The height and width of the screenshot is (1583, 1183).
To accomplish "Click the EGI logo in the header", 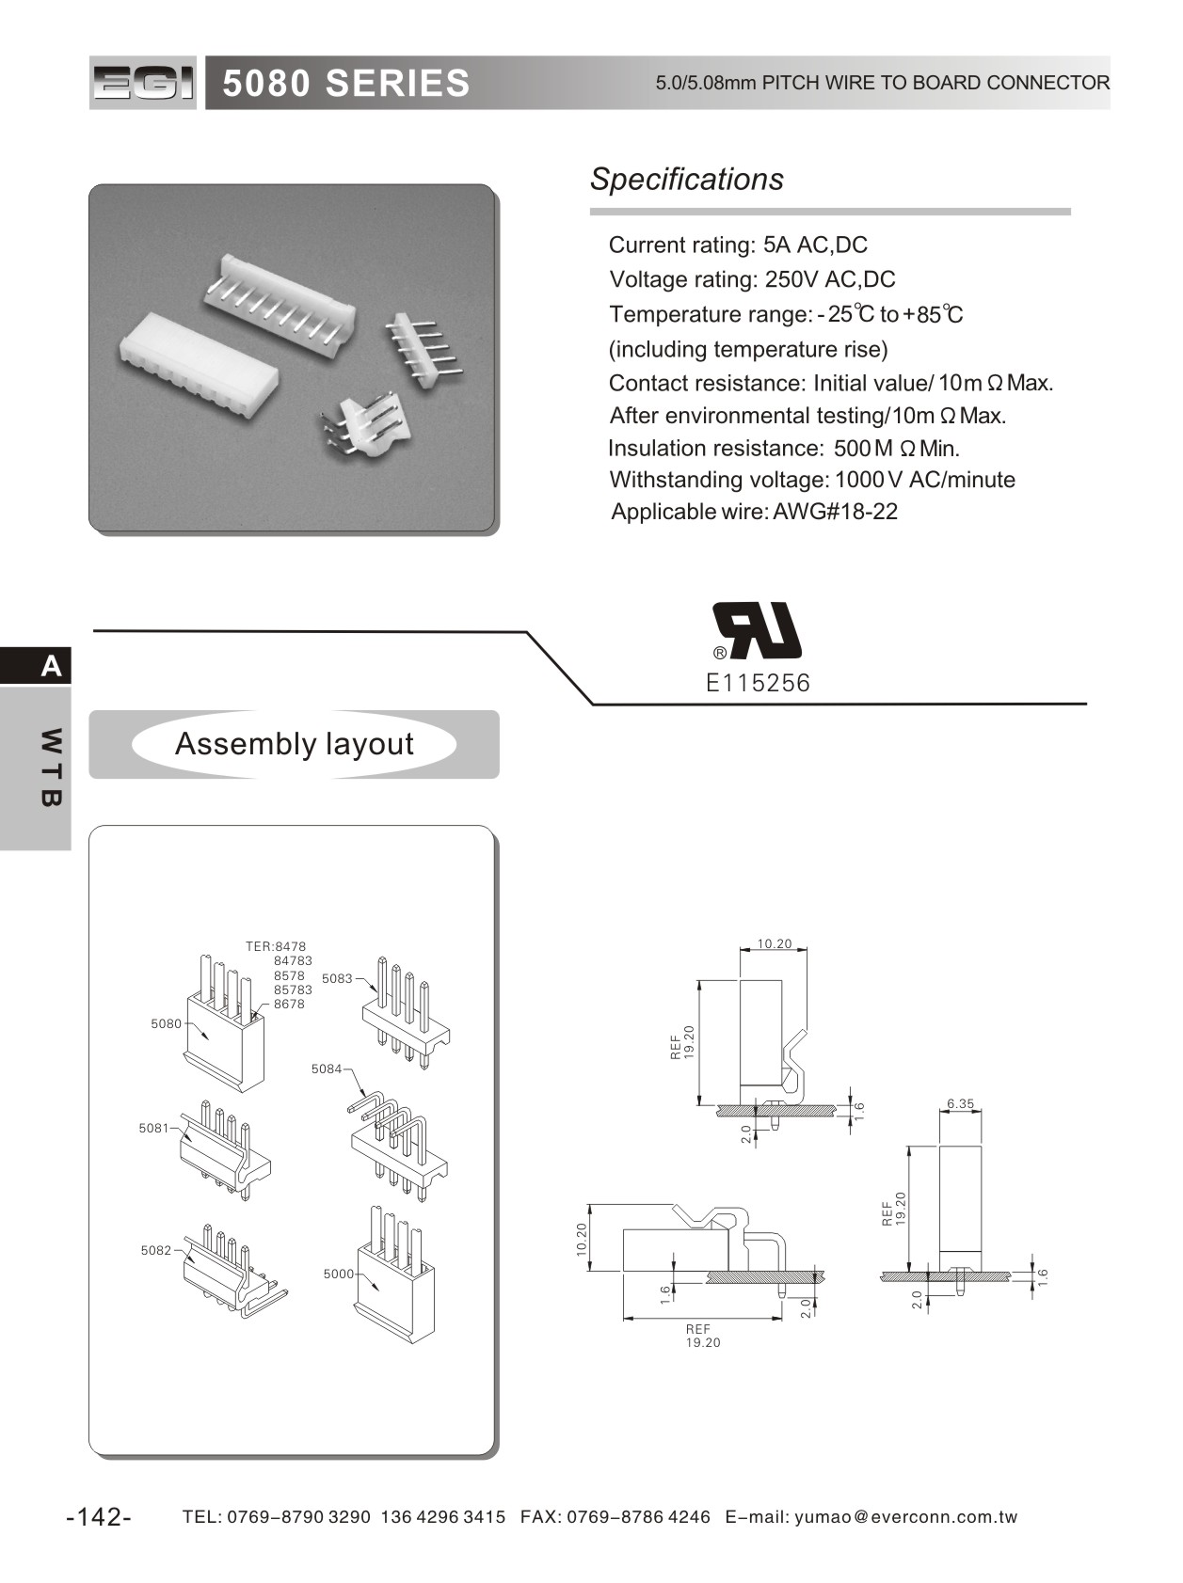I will tap(143, 83).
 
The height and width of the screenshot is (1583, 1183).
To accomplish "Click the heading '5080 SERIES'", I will tap(345, 84).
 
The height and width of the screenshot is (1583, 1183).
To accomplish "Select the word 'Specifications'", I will tap(686, 179).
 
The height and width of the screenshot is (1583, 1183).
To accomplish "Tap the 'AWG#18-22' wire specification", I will tap(835, 512).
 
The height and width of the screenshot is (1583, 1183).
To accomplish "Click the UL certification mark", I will tap(758, 630).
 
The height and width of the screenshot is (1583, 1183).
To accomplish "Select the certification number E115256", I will tap(758, 683).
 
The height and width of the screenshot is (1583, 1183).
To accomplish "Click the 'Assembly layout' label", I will tap(294, 744).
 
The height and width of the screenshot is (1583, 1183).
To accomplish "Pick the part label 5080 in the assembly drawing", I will tap(166, 1023).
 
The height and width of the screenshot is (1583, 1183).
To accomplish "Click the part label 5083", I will tap(337, 978).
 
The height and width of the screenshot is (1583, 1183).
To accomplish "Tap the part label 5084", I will tap(327, 1069).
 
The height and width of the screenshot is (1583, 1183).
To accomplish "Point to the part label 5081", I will tap(153, 1128).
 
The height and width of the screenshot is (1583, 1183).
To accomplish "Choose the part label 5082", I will tap(156, 1250).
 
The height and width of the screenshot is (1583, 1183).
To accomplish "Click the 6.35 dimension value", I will tap(960, 1103).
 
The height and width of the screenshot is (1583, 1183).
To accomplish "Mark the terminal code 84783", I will tap(293, 961).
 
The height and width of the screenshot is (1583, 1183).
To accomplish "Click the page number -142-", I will tap(99, 1516).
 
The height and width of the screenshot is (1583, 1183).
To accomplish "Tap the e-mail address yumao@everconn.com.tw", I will tap(906, 1516).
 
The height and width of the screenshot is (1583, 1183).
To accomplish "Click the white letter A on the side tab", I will tap(51, 666).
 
